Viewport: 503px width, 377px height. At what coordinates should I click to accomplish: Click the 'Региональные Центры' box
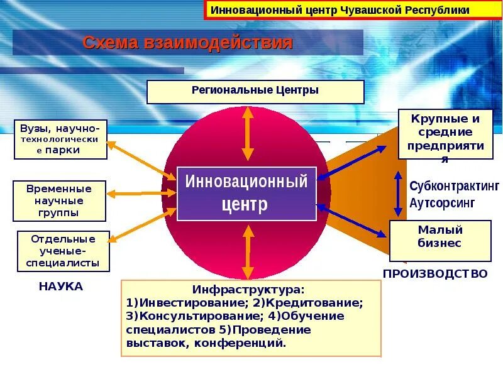pos(255,91)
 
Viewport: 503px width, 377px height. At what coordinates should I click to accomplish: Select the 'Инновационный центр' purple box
pos(246,194)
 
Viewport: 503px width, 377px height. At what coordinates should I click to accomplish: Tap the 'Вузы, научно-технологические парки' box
pos(60,139)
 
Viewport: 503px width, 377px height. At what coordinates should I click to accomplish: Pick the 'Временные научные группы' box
pos(59,201)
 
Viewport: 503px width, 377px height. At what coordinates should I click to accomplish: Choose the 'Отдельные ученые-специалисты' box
pos(63,251)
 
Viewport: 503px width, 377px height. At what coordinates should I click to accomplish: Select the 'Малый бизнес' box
pos(439,240)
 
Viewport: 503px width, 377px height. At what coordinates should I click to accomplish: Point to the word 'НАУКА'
pos(61,287)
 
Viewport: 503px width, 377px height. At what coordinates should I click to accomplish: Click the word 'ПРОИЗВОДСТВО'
pos(435,274)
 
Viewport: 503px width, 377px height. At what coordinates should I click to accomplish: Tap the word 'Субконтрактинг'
pos(454,186)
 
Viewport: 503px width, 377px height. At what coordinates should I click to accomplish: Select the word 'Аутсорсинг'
pos(442,204)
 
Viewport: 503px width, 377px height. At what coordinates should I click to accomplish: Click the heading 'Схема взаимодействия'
pos(188,43)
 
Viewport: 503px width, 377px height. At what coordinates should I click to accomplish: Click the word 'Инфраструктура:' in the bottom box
pos(248,290)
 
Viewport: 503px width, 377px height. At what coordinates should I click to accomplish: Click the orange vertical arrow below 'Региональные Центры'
pos(248,133)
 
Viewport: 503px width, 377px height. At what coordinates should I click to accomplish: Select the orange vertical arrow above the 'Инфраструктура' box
pos(248,251)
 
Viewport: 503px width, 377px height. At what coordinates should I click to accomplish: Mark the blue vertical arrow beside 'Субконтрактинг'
pos(397,194)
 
